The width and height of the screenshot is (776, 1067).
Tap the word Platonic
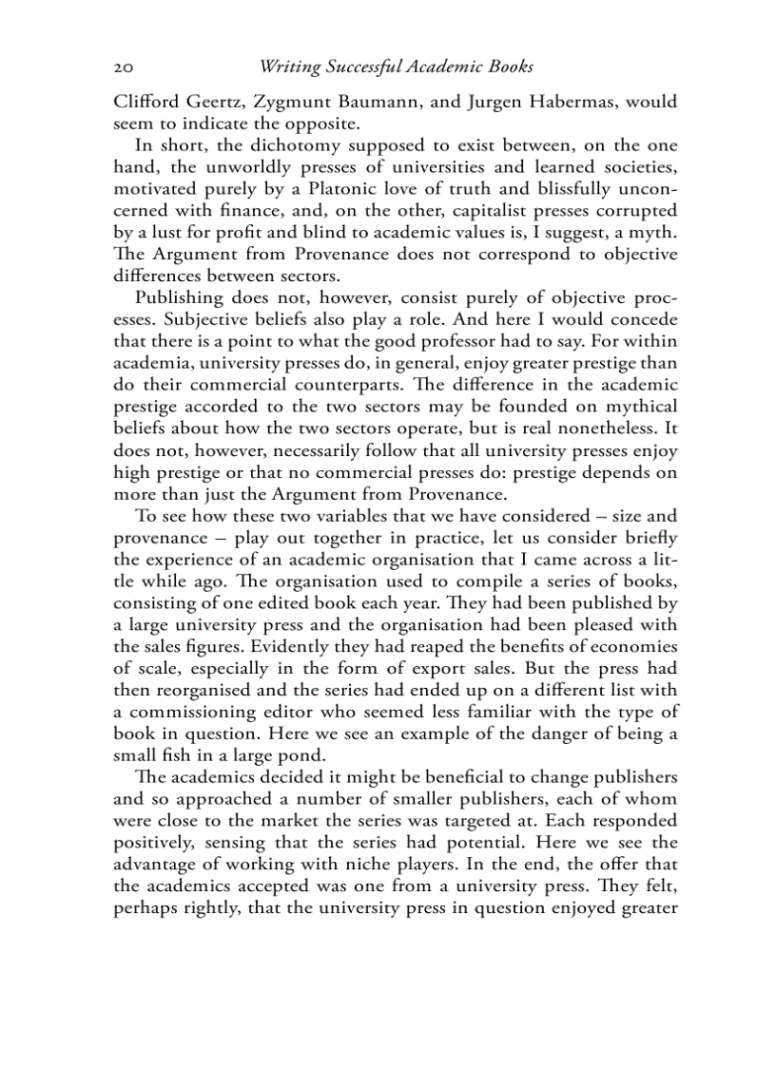pos(348,189)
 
